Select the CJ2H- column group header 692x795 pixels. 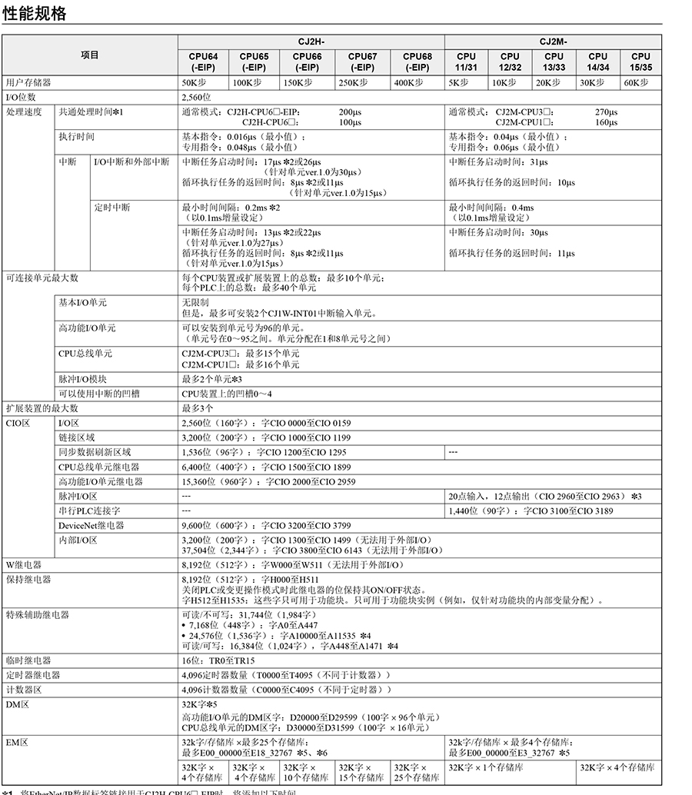pyautogui.click(x=310, y=42)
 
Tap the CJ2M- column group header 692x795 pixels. pyautogui.click(x=553, y=42)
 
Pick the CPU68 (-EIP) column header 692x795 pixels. pyautogui.click(x=418, y=62)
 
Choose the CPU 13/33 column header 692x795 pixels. pyautogui.click(x=554, y=62)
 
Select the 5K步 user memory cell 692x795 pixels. pyautogui.click(x=458, y=82)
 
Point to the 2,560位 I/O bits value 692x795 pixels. pyautogui.click(x=197, y=98)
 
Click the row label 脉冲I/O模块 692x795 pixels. pyautogui.click(x=82, y=379)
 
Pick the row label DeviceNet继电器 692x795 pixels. pyautogui.click(x=91, y=525)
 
